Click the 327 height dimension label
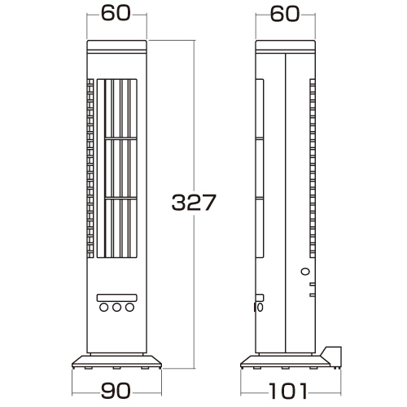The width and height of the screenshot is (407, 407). coord(194,202)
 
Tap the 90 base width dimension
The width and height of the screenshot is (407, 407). coord(116,391)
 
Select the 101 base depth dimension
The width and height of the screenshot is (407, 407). coord(288,391)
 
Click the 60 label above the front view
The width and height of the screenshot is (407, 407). coord(116,13)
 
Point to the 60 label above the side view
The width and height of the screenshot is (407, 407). coord(285,14)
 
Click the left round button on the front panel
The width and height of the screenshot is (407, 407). coord(104,308)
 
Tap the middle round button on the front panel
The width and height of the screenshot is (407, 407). coord(117,308)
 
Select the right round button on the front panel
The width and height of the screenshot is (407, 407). coord(129,308)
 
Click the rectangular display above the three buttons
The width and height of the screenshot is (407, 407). coord(117,298)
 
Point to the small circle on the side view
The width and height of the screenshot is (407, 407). coord(305,271)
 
